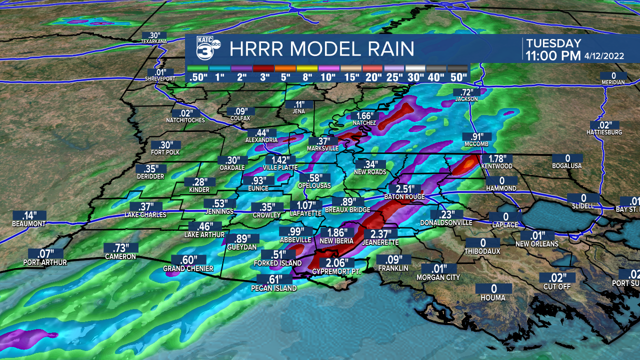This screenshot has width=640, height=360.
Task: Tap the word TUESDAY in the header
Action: (x=553, y=43)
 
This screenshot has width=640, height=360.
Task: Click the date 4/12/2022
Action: (x=604, y=56)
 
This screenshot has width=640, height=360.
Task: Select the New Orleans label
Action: (x=537, y=244)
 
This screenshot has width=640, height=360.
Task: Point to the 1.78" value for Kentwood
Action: (x=495, y=158)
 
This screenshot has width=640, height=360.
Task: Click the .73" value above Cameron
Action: (x=120, y=248)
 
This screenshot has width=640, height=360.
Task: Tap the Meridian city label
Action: (x=613, y=82)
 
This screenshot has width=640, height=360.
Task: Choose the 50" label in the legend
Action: (x=458, y=77)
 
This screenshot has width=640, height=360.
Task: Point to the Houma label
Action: (x=493, y=298)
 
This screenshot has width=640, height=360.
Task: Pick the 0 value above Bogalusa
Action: (x=567, y=158)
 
